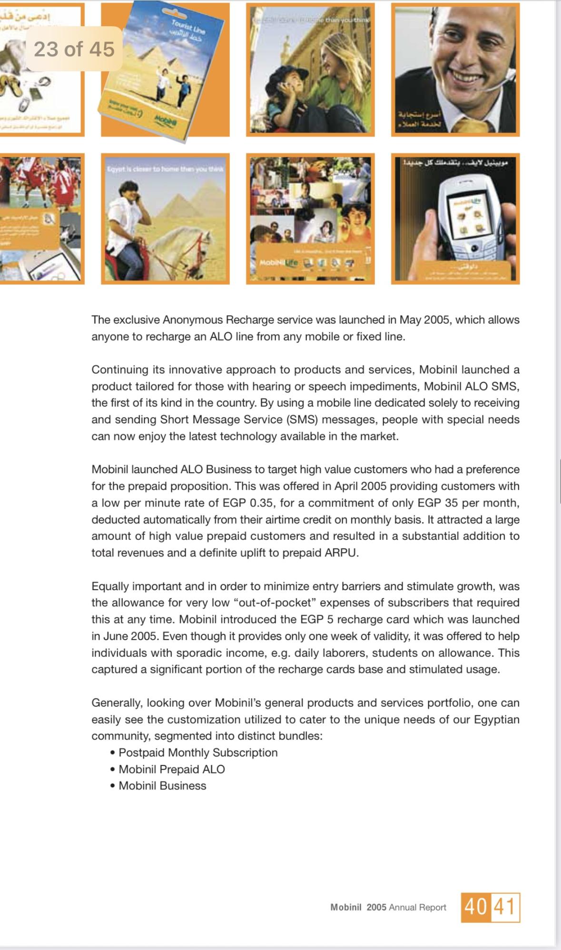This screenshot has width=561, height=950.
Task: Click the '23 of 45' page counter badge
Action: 74,49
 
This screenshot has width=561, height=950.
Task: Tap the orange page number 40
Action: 475,907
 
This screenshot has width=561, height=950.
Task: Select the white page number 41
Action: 505,907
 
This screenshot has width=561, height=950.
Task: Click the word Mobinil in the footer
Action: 346,907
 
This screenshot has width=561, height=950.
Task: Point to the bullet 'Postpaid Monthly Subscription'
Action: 198,753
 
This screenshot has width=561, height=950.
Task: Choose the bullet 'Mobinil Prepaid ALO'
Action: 172,769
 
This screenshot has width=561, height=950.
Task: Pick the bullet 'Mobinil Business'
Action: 162,786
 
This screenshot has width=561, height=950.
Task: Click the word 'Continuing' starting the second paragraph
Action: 119,370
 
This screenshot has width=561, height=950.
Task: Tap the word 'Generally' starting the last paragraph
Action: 117,703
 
